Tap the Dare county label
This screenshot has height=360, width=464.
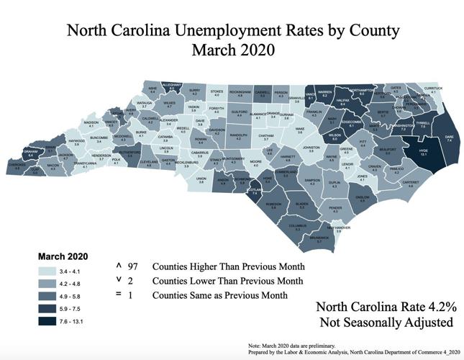449,137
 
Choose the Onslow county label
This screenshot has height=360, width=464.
363,198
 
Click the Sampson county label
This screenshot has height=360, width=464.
311,181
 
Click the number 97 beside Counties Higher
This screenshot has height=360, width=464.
132,266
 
